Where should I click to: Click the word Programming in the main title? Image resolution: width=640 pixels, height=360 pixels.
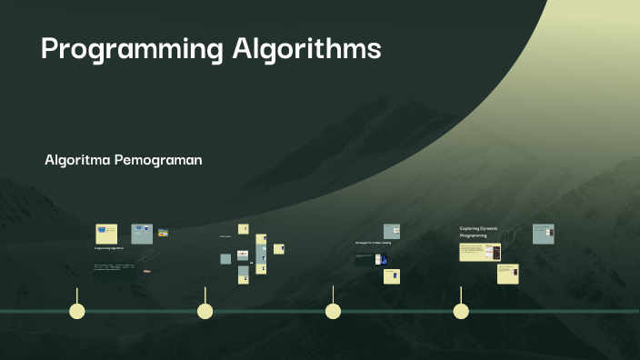[x=131, y=49]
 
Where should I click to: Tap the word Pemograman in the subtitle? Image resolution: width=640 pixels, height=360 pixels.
[x=164, y=160]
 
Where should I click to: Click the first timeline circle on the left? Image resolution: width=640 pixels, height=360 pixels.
[x=77, y=312]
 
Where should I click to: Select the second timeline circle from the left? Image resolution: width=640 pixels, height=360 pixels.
[x=205, y=312]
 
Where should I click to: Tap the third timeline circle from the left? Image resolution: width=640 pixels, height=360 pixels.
[x=334, y=312]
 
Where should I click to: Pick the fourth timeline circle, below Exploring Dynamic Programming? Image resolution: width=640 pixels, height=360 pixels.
[x=461, y=312]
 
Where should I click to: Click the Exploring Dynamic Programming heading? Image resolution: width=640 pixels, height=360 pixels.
[x=478, y=232]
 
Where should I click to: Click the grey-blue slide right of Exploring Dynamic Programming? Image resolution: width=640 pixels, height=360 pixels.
[x=544, y=234]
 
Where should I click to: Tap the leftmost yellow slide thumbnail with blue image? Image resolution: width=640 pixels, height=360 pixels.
[x=106, y=234]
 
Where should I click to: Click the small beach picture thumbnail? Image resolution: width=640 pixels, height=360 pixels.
[x=164, y=233]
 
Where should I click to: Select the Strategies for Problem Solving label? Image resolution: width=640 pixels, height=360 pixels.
[x=373, y=244]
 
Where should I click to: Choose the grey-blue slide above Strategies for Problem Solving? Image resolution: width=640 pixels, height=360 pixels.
[x=392, y=232]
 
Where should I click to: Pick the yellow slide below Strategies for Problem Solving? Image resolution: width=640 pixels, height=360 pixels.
[x=392, y=275]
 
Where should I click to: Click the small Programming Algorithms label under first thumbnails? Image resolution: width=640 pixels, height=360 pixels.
[x=109, y=247]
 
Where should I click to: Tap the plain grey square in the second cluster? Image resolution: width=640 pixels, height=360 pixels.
[x=225, y=259]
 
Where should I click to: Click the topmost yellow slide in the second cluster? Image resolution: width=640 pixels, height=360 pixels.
[x=243, y=228]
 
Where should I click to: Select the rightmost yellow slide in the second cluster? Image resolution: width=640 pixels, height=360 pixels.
[x=279, y=249]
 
